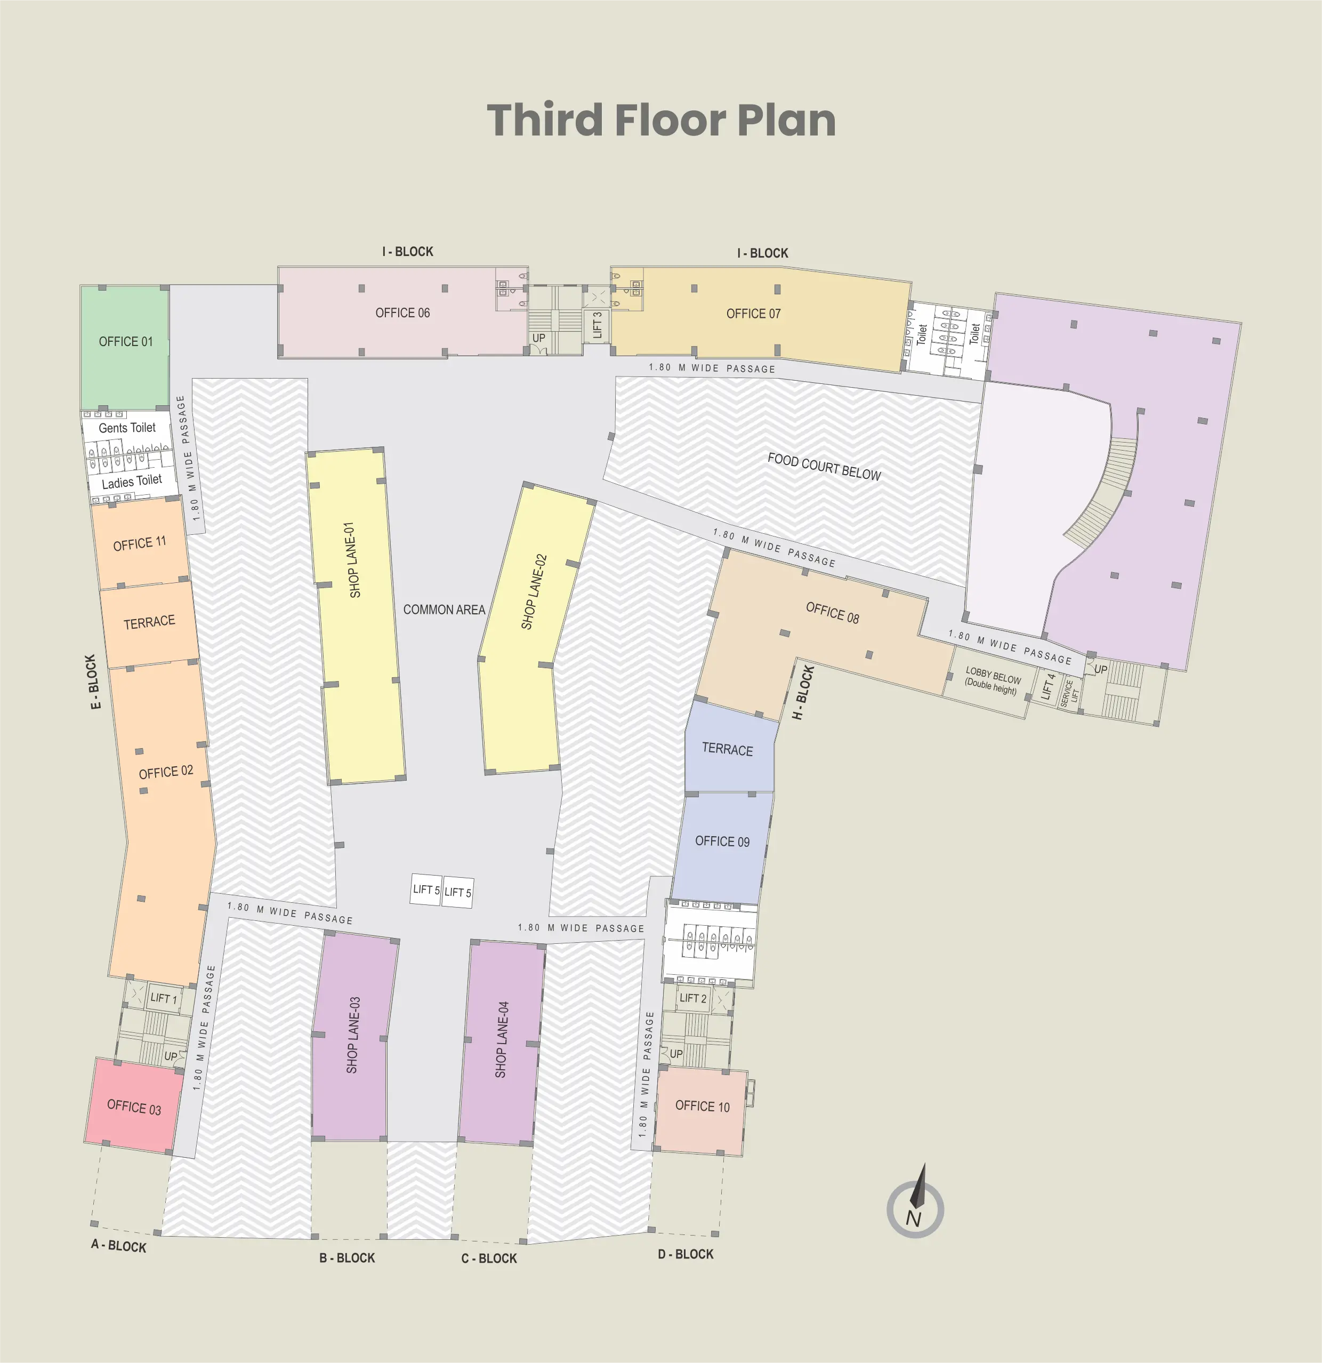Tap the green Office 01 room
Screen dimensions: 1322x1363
click(x=125, y=348)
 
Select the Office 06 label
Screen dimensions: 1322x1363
click(x=402, y=313)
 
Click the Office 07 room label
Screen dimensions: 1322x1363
click(x=753, y=314)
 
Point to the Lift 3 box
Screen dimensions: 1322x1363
click(x=597, y=325)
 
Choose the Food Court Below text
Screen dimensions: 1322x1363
click(x=824, y=467)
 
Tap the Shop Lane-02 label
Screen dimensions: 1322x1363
click(x=534, y=592)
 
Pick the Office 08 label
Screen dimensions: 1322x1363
click(x=833, y=613)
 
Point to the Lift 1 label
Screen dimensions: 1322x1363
click(x=164, y=999)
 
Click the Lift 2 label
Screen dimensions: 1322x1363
click(x=693, y=998)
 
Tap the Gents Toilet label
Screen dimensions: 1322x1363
click(x=127, y=428)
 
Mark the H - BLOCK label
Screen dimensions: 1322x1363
click(x=803, y=693)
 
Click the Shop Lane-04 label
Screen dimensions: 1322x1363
click(x=501, y=1040)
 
